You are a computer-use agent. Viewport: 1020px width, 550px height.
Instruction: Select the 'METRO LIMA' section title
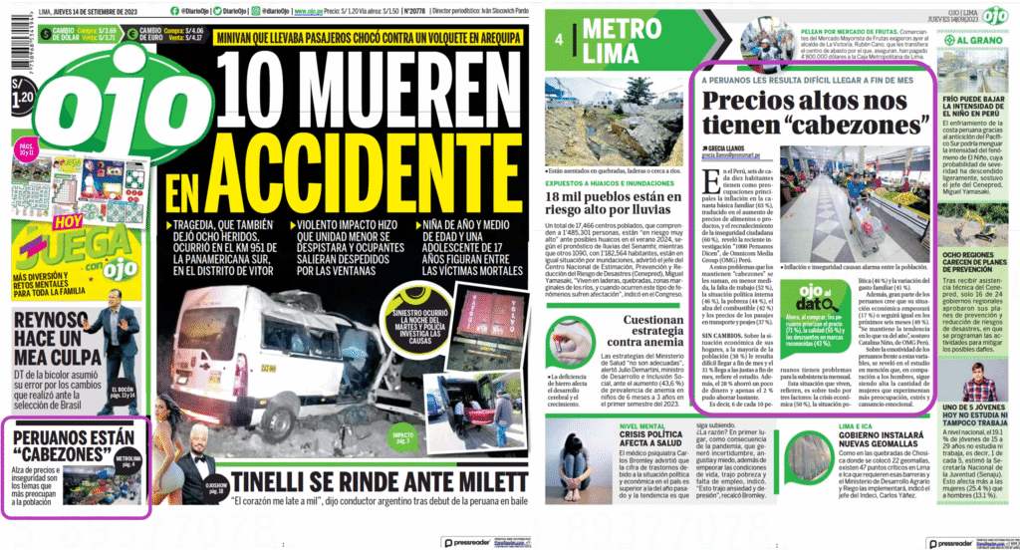coord(618,40)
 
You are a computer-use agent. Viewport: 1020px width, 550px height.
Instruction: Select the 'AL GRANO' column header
coord(976,38)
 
